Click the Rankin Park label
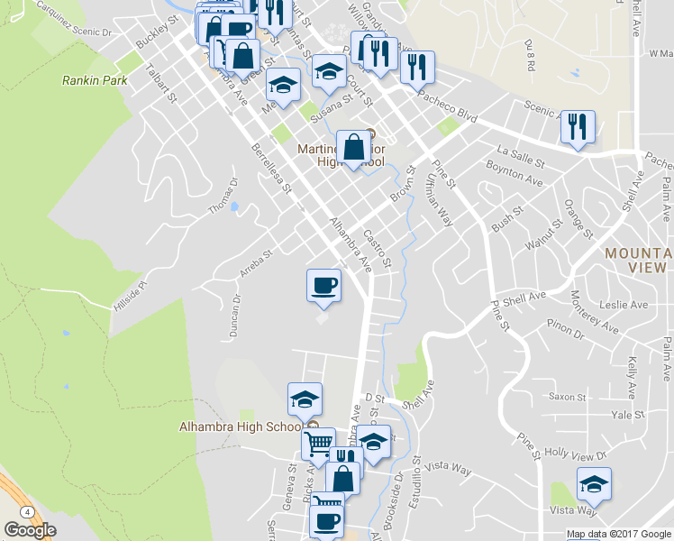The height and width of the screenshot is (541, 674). point(95,80)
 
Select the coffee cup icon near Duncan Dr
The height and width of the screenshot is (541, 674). point(324,287)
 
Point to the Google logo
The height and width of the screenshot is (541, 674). point(30,530)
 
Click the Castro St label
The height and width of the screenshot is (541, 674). point(378,249)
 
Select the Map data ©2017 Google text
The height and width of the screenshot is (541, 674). point(618,534)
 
